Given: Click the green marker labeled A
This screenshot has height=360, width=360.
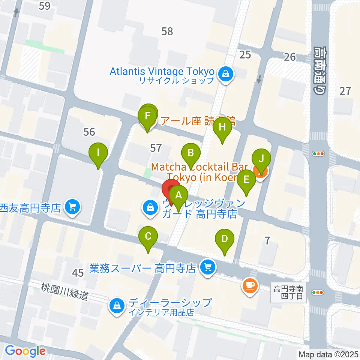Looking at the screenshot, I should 179,195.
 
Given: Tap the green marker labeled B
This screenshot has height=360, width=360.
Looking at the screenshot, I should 191,153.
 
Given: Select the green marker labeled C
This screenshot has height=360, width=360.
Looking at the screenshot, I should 148,237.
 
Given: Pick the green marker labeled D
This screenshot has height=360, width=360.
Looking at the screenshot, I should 225,239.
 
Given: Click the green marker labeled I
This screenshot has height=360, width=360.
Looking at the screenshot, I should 98,153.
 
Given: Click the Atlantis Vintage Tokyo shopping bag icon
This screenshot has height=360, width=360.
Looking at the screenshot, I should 226,73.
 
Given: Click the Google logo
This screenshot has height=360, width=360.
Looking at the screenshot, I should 25,351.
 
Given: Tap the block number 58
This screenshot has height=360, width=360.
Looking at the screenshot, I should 167,31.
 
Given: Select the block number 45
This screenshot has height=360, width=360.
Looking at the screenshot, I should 78,273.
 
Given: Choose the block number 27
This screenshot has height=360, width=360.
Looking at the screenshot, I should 345,90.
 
